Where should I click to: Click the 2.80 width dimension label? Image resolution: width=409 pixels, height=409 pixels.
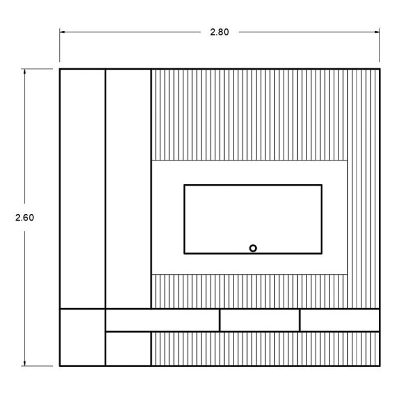(x=219, y=32)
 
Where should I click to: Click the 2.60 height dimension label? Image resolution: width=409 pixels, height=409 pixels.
(x=25, y=218)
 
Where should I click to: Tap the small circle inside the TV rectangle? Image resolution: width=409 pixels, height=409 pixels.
(x=252, y=248)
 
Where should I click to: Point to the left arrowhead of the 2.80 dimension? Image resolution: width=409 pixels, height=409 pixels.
(x=62, y=32)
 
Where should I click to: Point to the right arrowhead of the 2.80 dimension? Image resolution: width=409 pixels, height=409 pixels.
(x=377, y=32)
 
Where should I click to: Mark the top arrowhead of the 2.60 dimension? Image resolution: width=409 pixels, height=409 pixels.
(x=25, y=72)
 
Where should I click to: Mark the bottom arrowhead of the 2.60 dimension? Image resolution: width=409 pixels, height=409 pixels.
(x=25, y=363)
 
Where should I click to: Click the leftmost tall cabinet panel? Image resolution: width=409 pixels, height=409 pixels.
(x=82, y=189)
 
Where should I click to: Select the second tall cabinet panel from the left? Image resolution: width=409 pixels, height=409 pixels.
(x=128, y=189)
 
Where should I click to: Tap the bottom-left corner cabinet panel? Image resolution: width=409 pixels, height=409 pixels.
(x=82, y=337)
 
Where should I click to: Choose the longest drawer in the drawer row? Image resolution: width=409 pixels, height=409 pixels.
(x=163, y=320)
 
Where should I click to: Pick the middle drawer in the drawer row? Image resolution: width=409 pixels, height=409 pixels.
(x=260, y=320)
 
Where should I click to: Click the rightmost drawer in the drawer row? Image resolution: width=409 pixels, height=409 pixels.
(x=340, y=320)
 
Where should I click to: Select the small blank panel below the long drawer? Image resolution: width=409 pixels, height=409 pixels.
(x=128, y=349)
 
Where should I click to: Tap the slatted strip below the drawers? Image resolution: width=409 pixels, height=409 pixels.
(x=265, y=349)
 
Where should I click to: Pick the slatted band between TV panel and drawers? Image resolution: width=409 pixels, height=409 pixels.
(x=249, y=291)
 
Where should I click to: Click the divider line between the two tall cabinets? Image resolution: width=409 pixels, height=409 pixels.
(x=105, y=189)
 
